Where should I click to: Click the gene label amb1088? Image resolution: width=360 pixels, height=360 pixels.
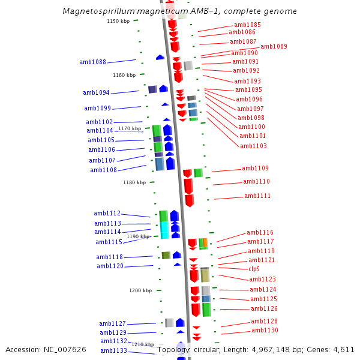pos(92,62)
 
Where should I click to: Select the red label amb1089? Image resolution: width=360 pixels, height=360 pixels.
pos(274,46)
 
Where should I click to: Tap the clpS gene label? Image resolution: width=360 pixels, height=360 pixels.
pos(254,269)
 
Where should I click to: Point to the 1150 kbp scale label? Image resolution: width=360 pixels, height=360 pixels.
pos(118,21)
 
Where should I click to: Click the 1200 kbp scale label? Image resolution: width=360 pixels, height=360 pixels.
pos(140,290)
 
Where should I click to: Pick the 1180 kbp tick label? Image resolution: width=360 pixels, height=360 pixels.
pos(134,182)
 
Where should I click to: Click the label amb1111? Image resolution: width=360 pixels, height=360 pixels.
pos(257,196)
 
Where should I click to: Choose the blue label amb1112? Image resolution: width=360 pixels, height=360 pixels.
pos(107,213)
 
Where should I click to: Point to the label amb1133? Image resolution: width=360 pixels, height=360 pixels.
pos(113,350)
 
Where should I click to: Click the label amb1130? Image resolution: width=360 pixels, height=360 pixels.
pos(265,330)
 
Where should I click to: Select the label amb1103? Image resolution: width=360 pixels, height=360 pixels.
pos(253,146)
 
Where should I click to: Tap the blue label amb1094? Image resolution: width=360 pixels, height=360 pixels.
pos(96,92)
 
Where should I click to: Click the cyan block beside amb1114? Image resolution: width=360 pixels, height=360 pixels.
pos(164,230)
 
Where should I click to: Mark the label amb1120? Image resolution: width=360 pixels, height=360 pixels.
pos(110,266)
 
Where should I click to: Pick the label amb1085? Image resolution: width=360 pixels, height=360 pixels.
pos(247,25)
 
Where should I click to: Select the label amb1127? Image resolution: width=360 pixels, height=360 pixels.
pos(112,323)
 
